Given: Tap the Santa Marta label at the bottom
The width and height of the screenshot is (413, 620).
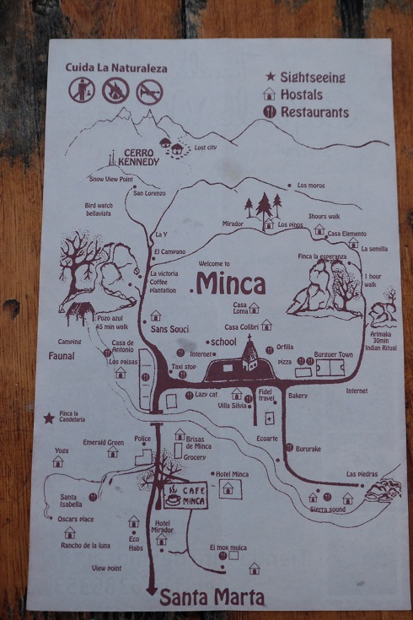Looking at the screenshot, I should coord(212,597).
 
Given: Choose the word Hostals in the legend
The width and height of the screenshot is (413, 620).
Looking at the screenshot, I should coord(303,94).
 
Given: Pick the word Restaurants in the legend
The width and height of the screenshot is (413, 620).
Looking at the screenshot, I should coord(315,111).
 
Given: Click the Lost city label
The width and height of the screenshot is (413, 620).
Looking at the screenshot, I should coord(206,148).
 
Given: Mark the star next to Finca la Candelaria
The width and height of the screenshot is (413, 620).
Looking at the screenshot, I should coord(50,417).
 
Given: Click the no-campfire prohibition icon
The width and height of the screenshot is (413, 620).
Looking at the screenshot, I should coord(114,90).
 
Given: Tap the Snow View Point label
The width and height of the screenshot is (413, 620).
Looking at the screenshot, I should coord(111,179).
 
